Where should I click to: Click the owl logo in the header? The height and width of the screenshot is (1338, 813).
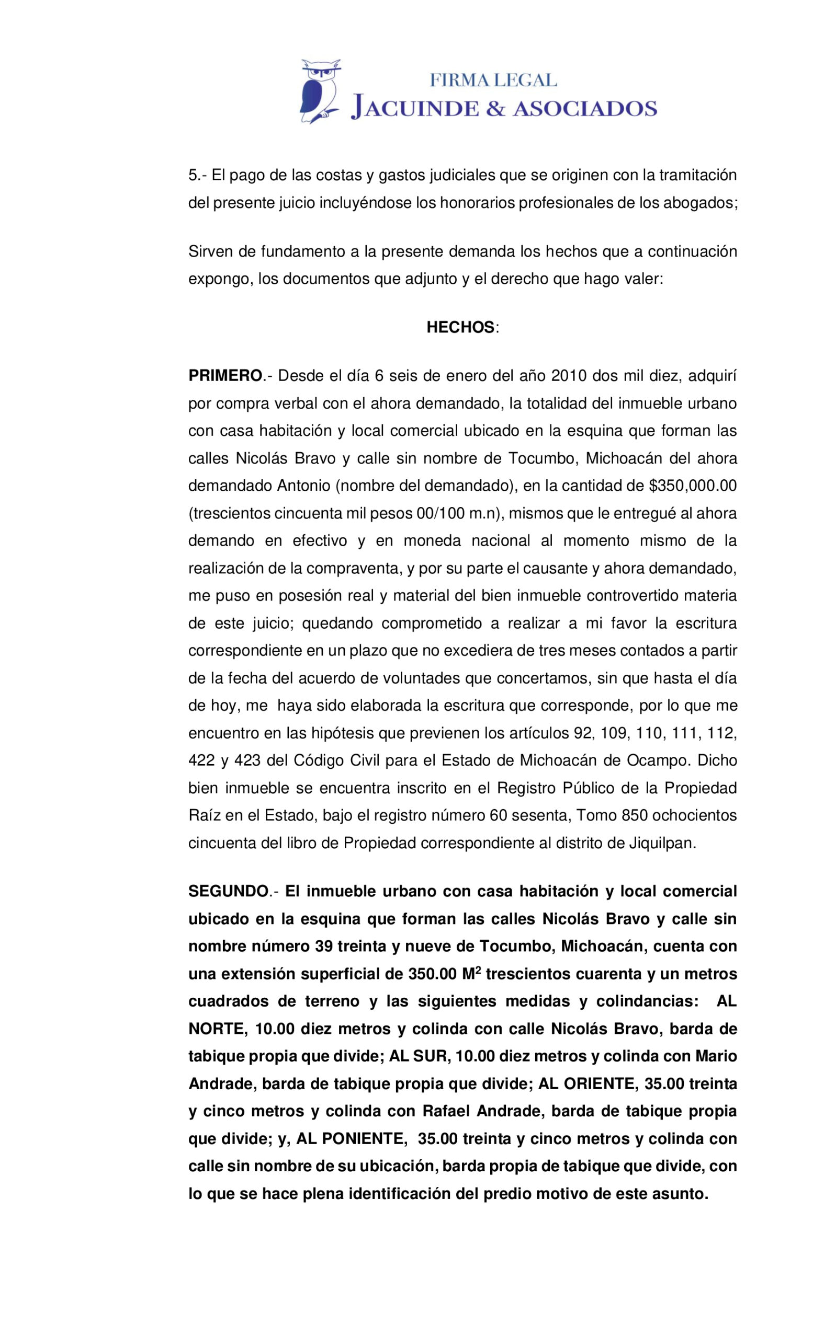click(x=320, y=91)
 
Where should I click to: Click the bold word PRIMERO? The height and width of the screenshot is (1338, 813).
click(x=225, y=376)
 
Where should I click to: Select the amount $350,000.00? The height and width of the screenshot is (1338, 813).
click(x=693, y=486)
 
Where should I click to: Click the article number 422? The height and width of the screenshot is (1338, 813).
click(x=200, y=760)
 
